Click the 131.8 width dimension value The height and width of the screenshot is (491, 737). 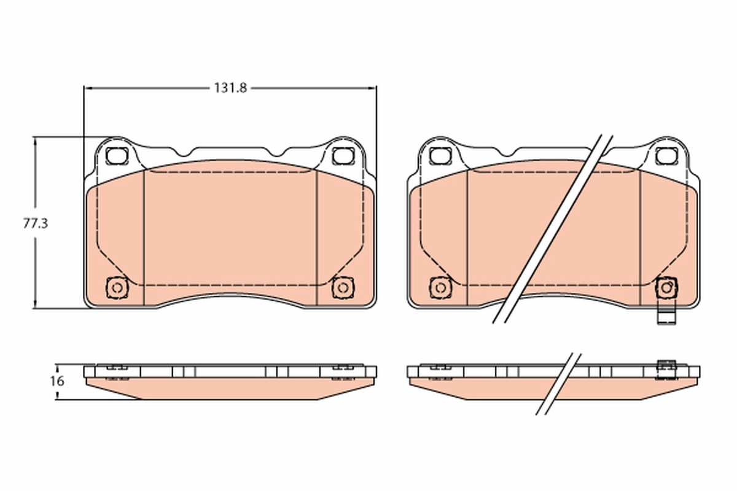(230, 88)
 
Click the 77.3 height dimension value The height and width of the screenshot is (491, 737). (35, 223)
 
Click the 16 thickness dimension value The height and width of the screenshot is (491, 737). (57, 381)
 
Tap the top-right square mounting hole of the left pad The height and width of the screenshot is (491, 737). (341, 155)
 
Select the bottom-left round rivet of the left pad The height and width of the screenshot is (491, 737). (116, 287)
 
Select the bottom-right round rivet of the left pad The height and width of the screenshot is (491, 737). (341, 287)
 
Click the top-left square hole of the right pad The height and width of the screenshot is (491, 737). (440, 155)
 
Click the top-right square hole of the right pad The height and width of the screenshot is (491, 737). (665, 155)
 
